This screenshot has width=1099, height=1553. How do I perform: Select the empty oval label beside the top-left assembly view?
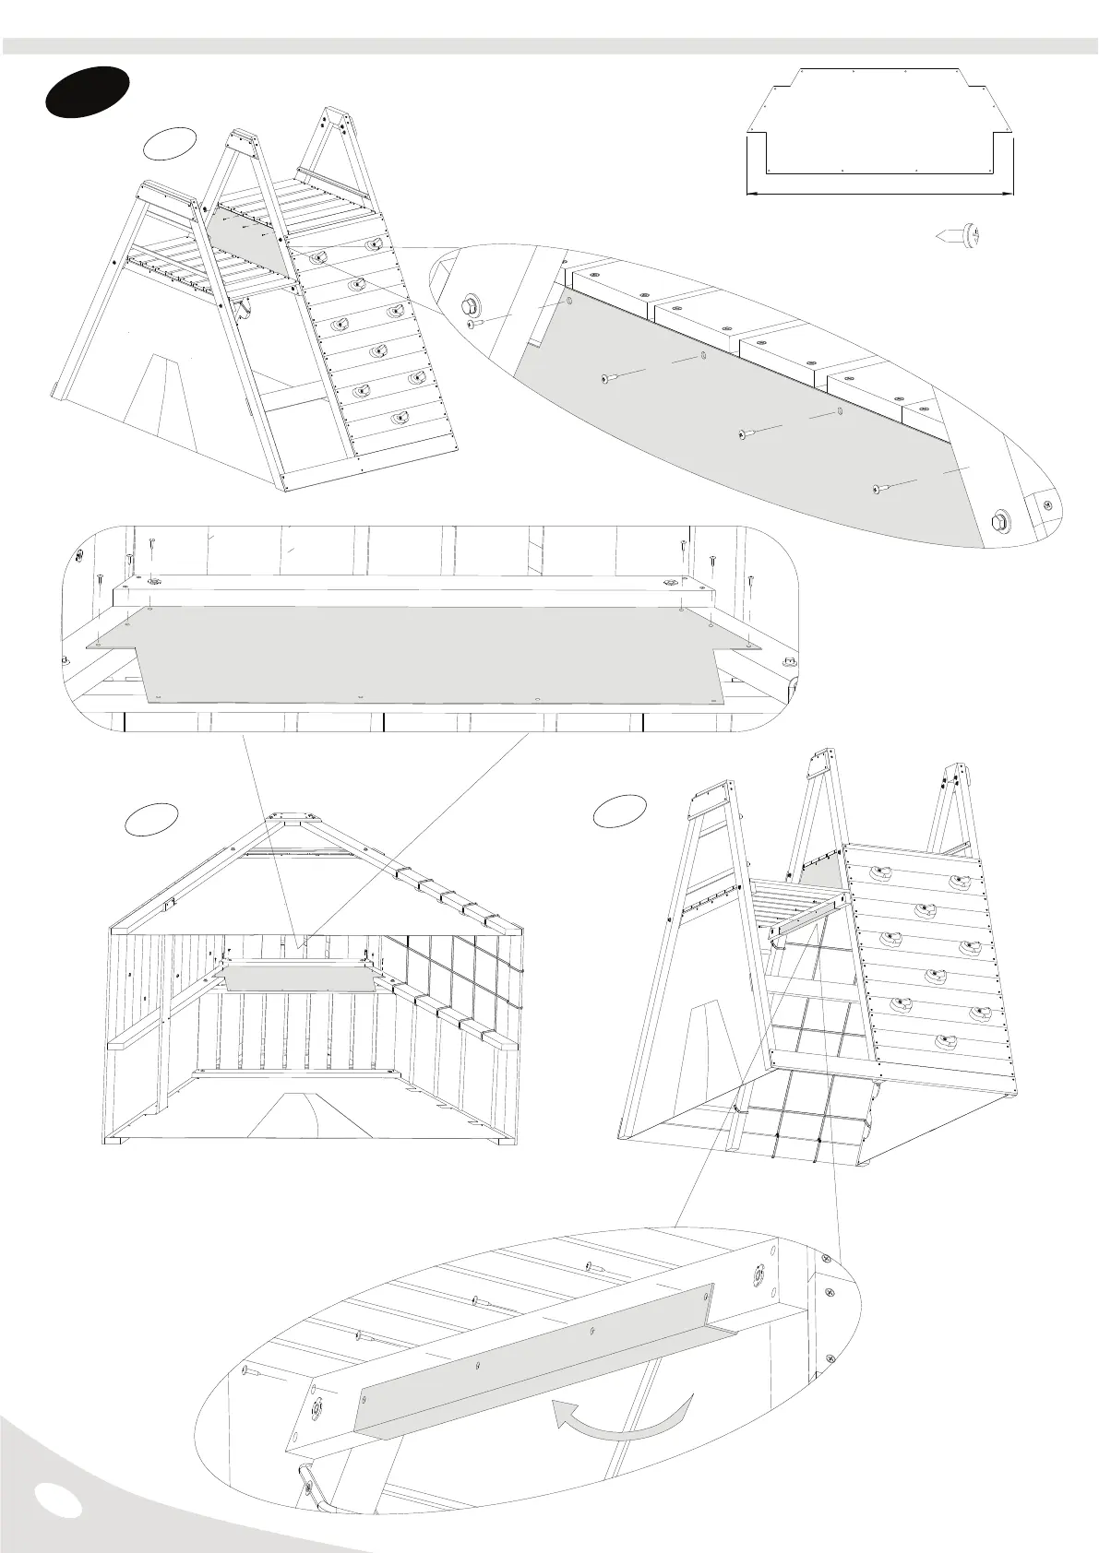click(170, 143)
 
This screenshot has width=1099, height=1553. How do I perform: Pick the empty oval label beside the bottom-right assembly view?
click(620, 809)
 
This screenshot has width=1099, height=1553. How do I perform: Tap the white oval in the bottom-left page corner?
click(56, 1500)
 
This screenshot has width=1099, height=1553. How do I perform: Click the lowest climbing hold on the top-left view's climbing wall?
click(399, 418)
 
